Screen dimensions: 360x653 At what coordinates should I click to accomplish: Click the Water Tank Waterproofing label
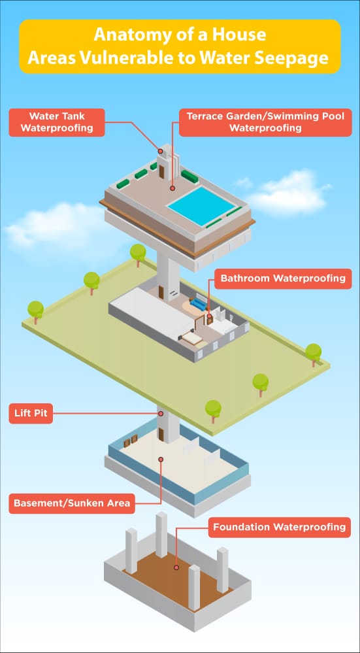[x=57, y=122]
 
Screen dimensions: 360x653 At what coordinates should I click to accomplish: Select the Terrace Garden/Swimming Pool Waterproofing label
[x=265, y=122]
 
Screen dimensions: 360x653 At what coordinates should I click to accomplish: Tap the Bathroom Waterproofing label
[x=283, y=278]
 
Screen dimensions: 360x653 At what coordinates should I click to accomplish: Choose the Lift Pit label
[x=31, y=414]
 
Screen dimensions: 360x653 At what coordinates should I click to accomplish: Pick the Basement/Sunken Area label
[x=72, y=503]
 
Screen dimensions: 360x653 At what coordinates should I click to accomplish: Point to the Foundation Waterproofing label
[x=279, y=527]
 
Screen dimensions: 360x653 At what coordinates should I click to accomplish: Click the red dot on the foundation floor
[x=176, y=567]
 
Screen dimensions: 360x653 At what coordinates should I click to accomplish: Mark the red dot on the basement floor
[x=161, y=459]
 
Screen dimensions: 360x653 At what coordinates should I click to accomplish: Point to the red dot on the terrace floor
[x=172, y=188]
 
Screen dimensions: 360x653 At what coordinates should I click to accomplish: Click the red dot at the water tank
[x=160, y=151]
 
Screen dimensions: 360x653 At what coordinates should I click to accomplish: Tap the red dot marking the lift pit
[x=161, y=414]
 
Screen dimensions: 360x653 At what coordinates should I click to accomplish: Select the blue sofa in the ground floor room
[x=197, y=303]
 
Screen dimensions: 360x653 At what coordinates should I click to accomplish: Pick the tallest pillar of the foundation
[x=161, y=535]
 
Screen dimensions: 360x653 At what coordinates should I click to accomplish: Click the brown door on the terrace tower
[x=161, y=171]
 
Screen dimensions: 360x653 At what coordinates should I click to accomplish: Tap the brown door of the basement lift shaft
[x=161, y=435]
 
